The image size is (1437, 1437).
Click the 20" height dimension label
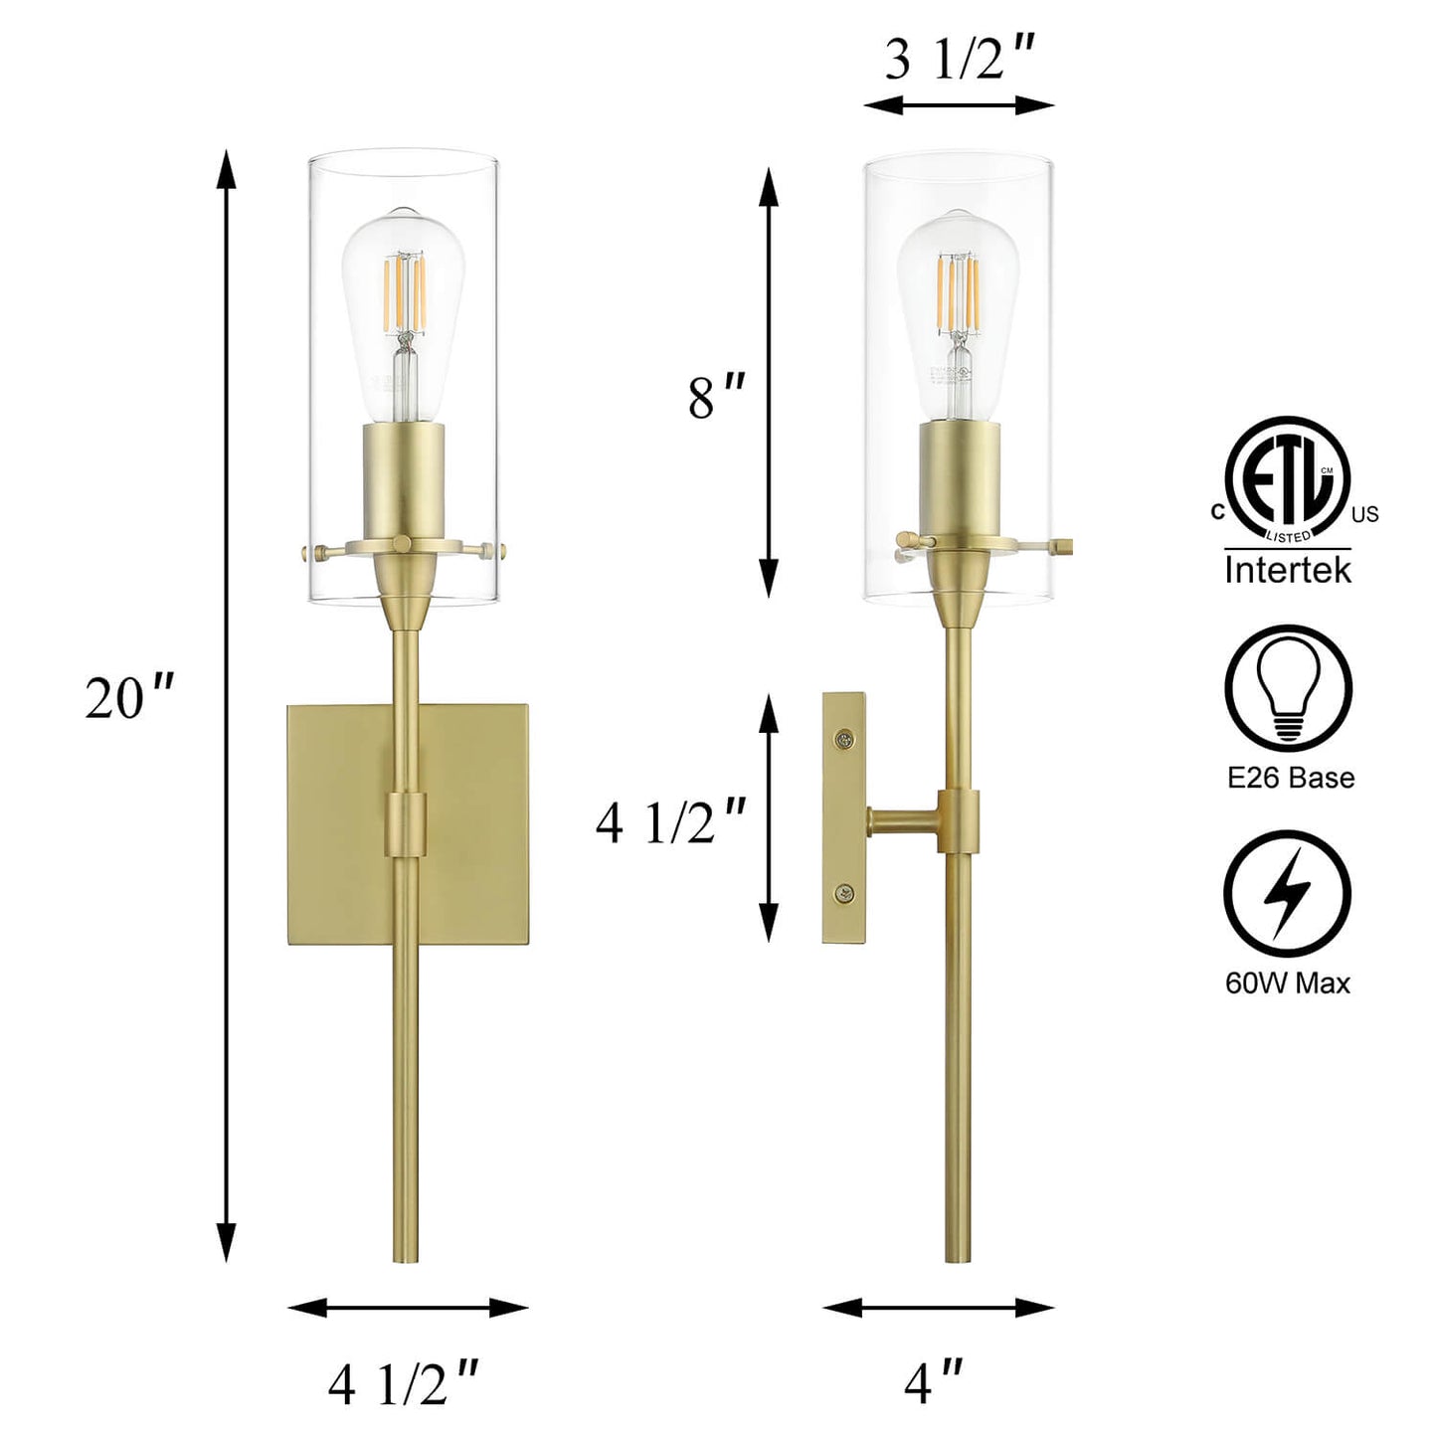[x=128, y=699]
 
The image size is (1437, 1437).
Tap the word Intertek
[x=1288, y=571]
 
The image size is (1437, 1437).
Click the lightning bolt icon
[x=1287, y=895]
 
